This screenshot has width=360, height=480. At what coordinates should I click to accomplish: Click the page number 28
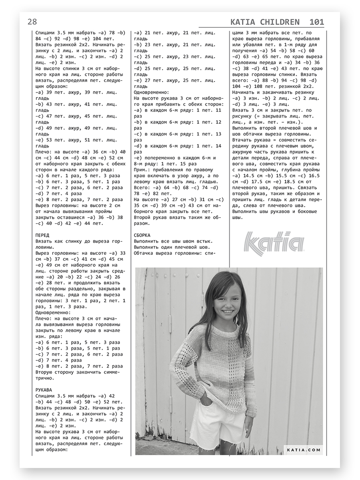[x=32, y=22]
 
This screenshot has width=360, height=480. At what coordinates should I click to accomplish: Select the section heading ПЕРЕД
[x=42, y=236]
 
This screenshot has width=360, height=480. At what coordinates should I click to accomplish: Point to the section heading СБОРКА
[x=142, y=235]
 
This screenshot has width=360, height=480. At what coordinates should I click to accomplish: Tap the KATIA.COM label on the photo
[x=304, y=450]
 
